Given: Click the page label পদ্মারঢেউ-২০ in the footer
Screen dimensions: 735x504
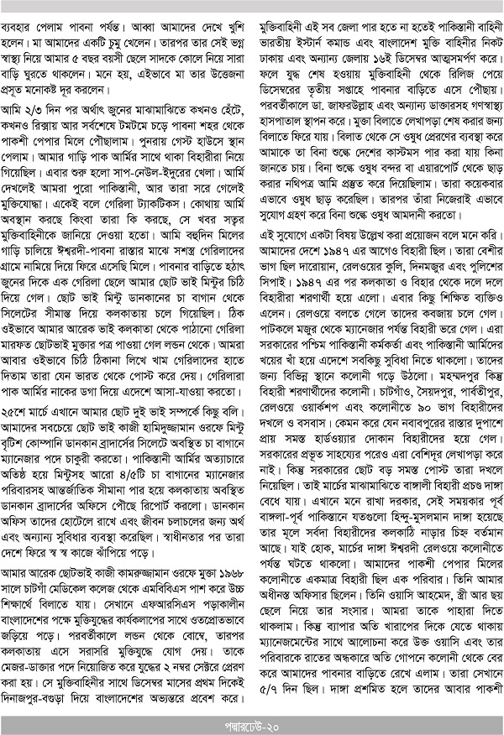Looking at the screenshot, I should click(252, 723).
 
